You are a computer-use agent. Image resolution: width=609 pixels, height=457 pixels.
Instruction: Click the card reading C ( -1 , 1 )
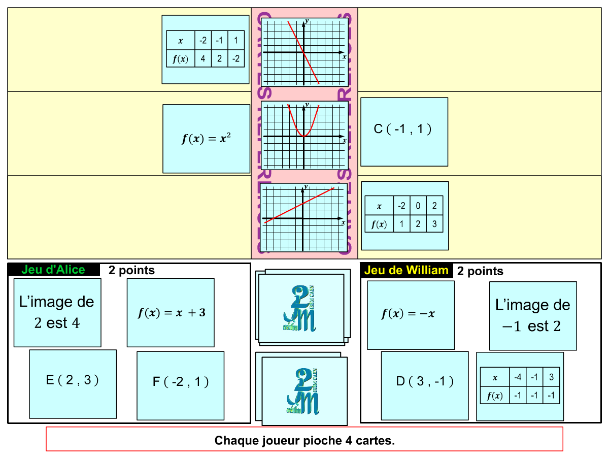[x=404, y=132]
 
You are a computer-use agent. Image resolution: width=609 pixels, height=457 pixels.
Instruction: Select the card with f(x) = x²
[x=206, y=139]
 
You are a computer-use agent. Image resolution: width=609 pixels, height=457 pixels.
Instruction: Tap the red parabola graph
[x=304, y=136]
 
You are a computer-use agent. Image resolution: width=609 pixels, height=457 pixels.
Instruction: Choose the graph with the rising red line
[x=303, y=218]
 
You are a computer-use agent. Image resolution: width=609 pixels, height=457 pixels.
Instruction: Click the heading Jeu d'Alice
[x=53, y=270]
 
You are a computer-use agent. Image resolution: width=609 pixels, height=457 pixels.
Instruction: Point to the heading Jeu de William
[x=406, y=270]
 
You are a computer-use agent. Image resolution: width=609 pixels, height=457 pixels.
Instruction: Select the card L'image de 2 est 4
[x=57, y=312]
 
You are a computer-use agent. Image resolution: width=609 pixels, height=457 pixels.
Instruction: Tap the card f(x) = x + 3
[x=171, y=313]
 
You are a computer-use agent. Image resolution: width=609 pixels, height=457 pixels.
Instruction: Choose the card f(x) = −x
[x=411, y=315]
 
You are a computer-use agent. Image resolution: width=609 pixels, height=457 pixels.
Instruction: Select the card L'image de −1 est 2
[x=533, y=316]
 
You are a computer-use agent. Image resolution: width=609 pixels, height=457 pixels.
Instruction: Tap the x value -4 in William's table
[x=518, y=377]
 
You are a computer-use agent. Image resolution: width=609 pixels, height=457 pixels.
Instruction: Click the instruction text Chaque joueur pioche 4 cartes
[x=304, y=440]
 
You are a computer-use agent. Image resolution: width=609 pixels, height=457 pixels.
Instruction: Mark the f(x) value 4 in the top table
[x=203, y=59]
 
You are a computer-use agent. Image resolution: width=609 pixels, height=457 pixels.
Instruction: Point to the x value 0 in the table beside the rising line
[x=418, y=206]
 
